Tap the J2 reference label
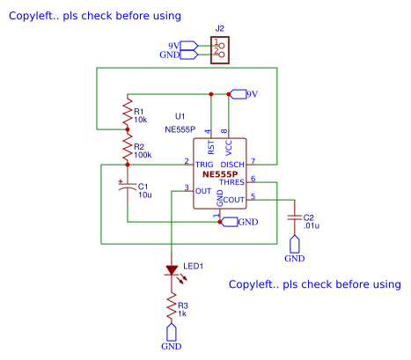point(220,29)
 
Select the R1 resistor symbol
point(128,114)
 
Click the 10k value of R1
point(141,120)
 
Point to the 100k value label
point(143,154)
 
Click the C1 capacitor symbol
point(128,187)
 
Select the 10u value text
point(145,194)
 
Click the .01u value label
point(311,225)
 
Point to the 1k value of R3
point(183,313)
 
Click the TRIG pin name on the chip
point(204,164)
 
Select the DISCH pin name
point(232,164)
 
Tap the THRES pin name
point(231,182)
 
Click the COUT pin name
point(233,200)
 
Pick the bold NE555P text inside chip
point(220,173)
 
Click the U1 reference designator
point(180,116)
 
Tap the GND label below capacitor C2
point(294,259)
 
